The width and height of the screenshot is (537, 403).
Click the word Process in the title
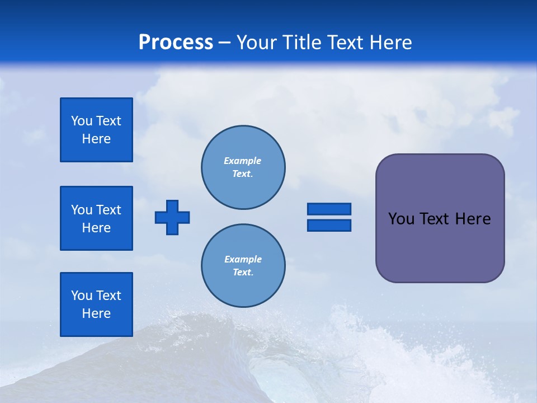click(176, 43)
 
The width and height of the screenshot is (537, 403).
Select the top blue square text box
click(96, 130)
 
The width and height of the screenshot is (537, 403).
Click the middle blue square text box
click(96, 218)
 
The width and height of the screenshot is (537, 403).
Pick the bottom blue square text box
click(96, 304)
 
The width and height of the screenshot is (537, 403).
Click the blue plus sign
click(172, 217)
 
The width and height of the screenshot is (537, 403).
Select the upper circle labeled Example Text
click(243, 167)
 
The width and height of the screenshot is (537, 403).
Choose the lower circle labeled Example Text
click(243, 266)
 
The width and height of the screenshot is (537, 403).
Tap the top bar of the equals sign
click(329, 209)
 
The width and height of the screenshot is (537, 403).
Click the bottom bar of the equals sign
click(329, 225)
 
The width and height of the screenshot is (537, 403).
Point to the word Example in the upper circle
click(243, 161)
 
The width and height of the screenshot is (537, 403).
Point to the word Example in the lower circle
click(243, 259)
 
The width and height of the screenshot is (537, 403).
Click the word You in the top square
click(81, 121)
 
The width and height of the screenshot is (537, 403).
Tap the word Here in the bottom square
click(96, 313)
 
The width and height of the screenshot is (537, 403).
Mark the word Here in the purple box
click(473, 219)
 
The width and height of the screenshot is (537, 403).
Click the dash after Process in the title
click(224, 43)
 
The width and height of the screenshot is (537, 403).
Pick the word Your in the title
click(255, 43)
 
